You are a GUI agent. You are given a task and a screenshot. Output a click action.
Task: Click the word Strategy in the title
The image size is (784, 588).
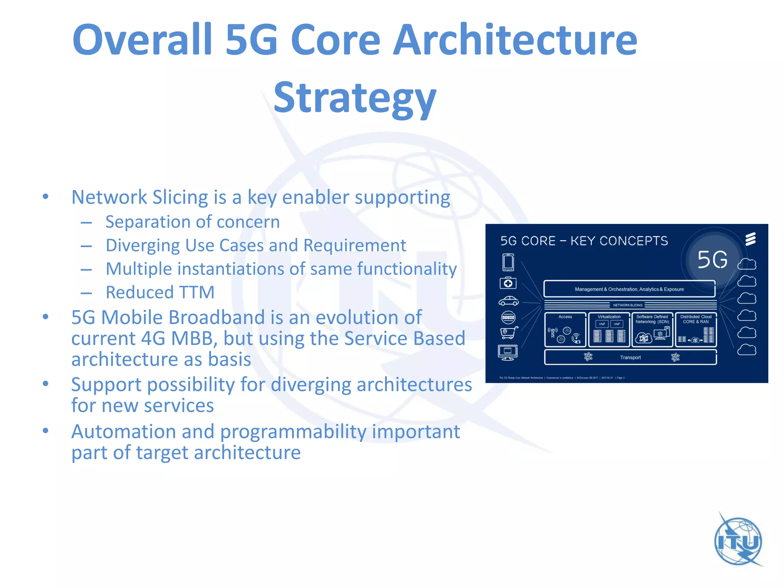pos(355,98)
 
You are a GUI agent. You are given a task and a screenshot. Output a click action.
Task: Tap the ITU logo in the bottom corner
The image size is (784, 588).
pos(738,541)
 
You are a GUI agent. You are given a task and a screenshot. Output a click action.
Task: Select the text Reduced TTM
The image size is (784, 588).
pos(160,292)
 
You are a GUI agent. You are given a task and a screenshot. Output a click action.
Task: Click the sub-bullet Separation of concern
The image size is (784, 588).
pos(193,222)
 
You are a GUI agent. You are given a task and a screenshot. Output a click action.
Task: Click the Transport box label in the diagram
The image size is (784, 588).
pos(630,358)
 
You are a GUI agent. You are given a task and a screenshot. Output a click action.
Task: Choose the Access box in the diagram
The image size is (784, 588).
pos(565,330)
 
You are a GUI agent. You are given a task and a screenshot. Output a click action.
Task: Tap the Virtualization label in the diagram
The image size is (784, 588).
pos(609,317)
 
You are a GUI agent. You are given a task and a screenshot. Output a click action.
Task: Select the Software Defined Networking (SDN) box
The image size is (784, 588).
pos(652,330)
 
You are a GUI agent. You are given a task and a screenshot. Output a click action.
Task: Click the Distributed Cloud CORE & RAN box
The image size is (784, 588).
pos(696,330)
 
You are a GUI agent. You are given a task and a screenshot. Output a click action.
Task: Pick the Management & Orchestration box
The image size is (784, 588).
pos(629,289)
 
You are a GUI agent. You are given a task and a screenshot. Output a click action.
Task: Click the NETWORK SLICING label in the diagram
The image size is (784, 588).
pos(627,305)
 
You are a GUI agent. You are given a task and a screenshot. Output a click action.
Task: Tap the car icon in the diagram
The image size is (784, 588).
pos(508,301)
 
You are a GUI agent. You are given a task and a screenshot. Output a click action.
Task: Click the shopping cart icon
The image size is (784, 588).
pos(509,332)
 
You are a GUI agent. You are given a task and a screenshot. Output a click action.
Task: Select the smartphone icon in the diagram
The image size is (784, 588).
pos(508,263)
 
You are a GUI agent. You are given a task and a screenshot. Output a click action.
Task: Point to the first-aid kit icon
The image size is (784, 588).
pos(508,283)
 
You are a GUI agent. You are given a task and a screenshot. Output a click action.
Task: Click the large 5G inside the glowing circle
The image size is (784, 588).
pos(712,260)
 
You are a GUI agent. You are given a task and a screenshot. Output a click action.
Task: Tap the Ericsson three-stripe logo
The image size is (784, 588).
pos(750,239)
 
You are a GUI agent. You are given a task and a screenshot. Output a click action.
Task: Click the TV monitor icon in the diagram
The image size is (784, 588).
pos(508,352)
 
